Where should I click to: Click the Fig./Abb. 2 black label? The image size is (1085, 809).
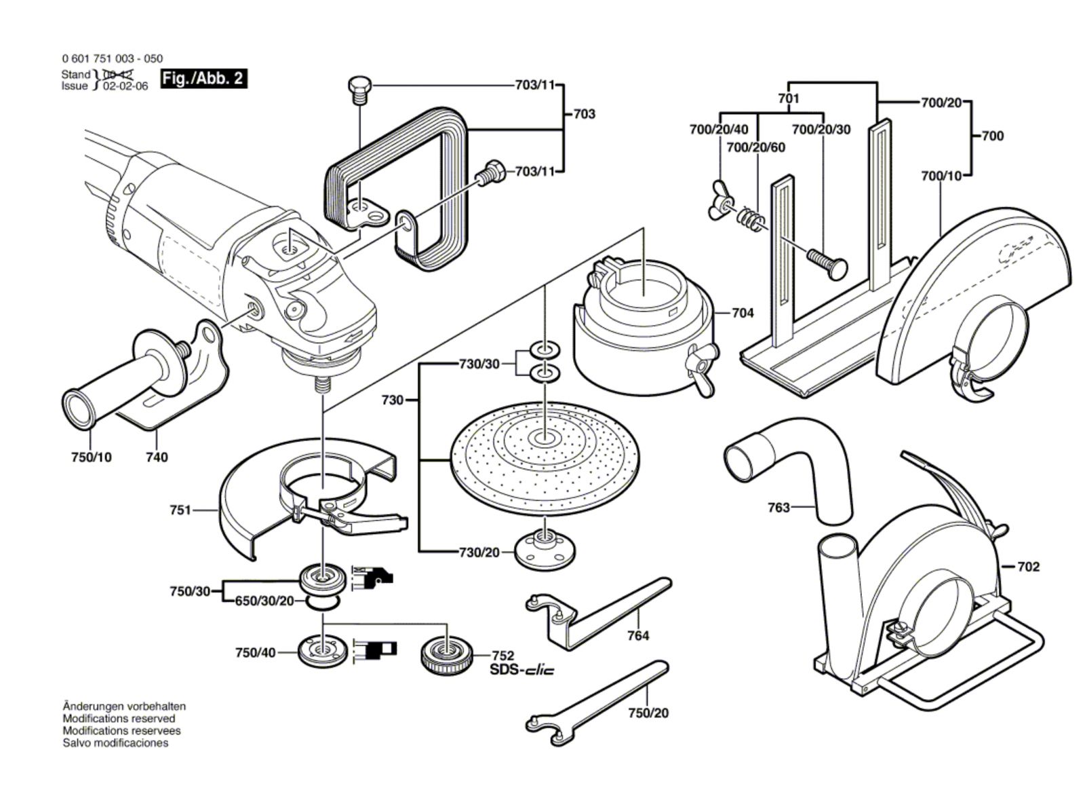coord(203,79)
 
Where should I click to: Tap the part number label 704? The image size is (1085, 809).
coord(743,313)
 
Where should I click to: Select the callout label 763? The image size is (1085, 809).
coord(778,507)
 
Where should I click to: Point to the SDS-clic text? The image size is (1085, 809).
coord(521,670)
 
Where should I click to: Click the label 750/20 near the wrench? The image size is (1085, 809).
coord(648,713)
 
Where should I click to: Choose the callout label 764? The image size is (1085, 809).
coord(637,635)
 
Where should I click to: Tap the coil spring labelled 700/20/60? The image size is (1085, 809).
coord(750,218)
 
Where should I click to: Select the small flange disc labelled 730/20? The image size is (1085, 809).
coord(541,550)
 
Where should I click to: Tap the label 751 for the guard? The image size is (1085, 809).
coord(180,510)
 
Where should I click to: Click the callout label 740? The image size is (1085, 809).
coord(157,457)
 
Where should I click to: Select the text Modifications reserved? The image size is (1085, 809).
coord(119,718)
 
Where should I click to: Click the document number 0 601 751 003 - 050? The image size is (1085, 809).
coord(112,59)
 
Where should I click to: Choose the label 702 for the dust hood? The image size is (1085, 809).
coord(1028,566)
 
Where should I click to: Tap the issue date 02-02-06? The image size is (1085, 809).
coord(125,87)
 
